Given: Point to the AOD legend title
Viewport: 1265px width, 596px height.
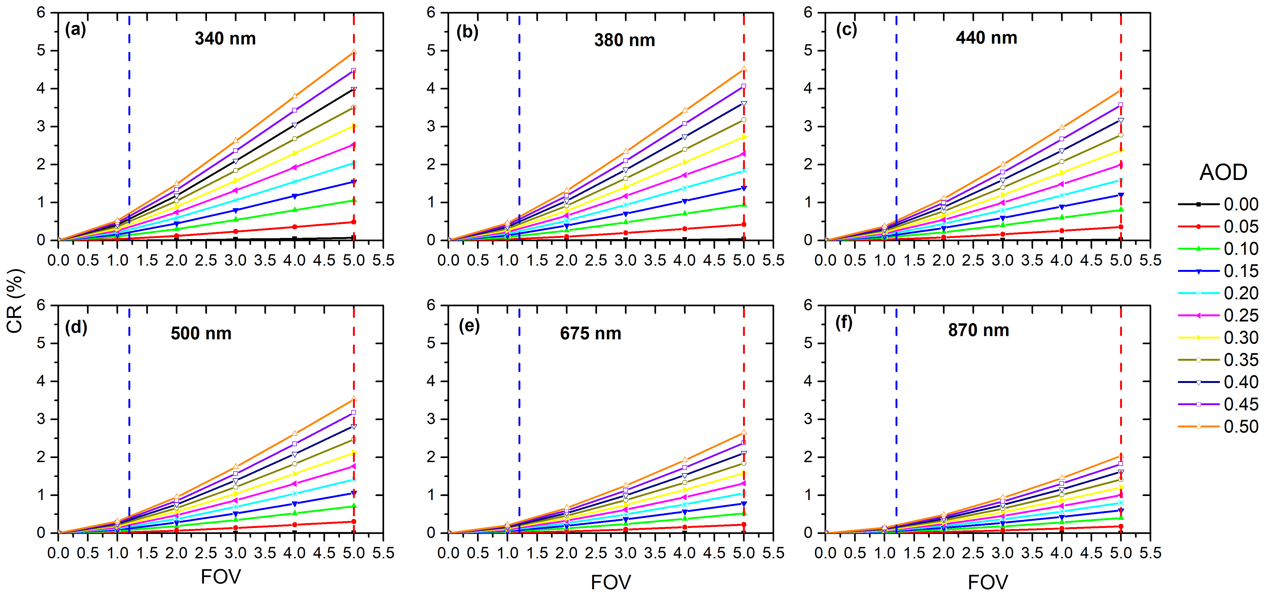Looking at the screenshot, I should point(1223,172).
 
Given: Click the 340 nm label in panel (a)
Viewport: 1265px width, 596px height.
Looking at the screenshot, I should point(225,38).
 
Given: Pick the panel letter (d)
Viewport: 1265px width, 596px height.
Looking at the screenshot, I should point(76,327).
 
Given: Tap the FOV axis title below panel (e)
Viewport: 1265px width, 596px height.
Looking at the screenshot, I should point(610,582).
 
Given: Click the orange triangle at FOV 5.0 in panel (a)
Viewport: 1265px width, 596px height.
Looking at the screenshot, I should point(353,51).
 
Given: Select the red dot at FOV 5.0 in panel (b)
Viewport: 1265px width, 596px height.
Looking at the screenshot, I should point(744,224).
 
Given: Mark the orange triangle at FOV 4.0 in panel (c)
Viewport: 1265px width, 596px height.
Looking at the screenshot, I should point(1062,128).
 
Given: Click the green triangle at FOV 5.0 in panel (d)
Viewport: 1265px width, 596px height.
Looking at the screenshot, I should point(353,506).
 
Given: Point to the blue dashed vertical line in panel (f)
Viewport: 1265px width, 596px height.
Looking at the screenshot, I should point(896,418).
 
